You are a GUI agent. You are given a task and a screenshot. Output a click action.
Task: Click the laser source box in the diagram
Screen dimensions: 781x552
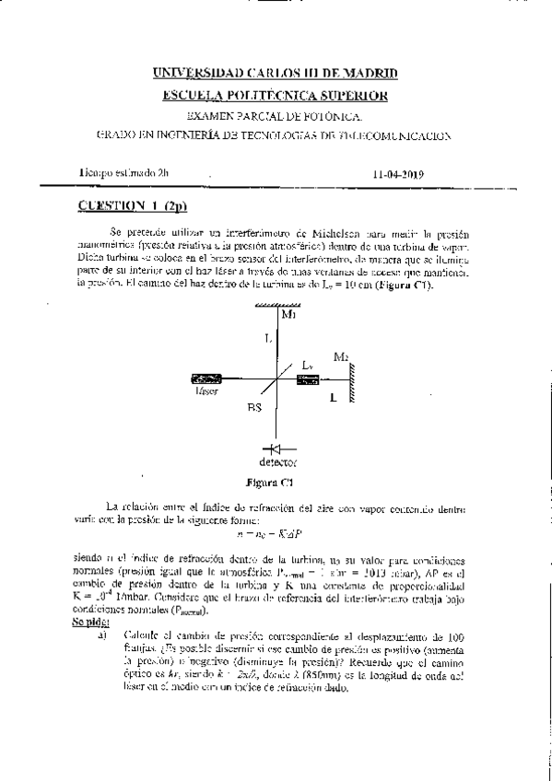tap(206, 379)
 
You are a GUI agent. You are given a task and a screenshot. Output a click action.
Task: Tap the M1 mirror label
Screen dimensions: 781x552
tap(288, 316)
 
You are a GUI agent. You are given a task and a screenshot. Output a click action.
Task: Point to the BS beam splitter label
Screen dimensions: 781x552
tap(254, 405)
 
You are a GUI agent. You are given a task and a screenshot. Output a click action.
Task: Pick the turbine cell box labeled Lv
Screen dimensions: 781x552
tap(308, 379)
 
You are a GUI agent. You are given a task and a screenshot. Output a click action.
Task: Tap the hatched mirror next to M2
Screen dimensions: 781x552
tap(351, 378)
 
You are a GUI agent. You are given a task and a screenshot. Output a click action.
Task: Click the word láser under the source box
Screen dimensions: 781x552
tap(206, 391)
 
